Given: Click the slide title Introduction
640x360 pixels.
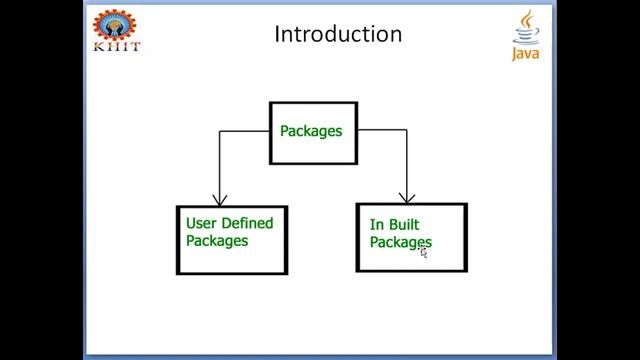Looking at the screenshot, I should click(338, 34).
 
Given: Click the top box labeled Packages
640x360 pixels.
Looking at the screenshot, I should click(313, 132).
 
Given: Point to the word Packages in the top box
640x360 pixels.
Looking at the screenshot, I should click(311, 131).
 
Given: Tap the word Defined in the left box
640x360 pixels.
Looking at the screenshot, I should click(248, 223).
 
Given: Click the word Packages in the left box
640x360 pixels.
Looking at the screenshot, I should click(217, 241).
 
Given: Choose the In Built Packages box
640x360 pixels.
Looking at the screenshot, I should click(411, 237).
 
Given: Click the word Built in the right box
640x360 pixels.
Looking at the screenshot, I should click(407, 225).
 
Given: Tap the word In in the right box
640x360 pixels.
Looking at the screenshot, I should click(377, 225).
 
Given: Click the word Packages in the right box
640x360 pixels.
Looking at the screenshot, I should click(400, 243).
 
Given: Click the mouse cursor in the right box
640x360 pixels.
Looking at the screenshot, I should click(424, 253).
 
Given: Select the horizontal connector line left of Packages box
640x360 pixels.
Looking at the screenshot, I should click(245, 130).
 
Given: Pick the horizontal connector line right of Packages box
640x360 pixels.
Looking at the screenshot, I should click(382, 130).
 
